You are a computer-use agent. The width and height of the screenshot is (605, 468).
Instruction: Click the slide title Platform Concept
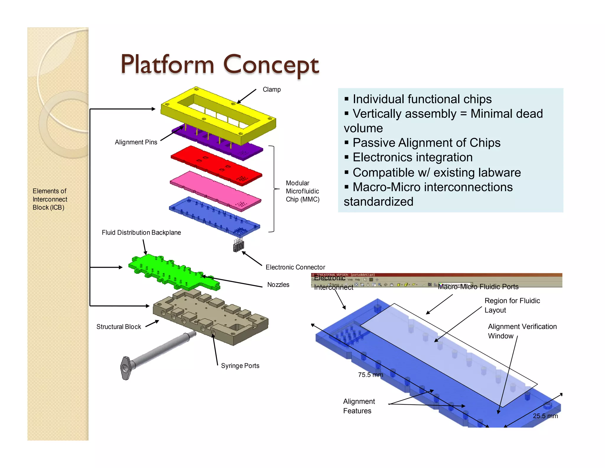pos(220,65)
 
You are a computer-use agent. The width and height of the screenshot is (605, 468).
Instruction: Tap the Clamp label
pos(271,89)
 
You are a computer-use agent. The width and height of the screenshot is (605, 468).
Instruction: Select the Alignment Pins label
pos(136,142)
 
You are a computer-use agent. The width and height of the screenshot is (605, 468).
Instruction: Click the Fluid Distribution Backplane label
pos(141,233)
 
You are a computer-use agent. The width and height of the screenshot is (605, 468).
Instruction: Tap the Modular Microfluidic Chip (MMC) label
pos(302,191)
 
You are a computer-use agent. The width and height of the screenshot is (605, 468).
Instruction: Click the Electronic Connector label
pos(295,267)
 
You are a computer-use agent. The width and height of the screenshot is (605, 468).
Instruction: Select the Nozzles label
pos(278,285)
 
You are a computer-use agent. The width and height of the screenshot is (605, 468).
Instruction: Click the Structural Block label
pos(118,327)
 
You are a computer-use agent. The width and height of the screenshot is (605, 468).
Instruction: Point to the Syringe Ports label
pos(240,366)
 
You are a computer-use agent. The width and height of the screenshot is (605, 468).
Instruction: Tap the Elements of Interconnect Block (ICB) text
pos(50,199)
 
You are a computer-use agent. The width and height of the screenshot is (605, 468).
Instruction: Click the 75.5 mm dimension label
pos(370,375)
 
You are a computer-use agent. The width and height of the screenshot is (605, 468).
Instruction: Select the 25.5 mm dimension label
pos(545,416)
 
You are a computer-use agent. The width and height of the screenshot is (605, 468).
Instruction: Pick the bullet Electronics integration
pos(412,157)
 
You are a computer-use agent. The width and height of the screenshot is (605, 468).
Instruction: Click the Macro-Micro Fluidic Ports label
pos(478,287)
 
